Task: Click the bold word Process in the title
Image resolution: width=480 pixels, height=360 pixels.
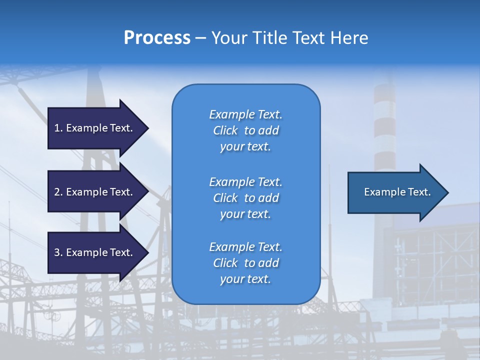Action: [157, 38]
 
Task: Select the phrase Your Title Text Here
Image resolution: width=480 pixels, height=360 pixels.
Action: [289, 38]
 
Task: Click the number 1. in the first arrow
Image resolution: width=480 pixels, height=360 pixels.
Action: [58, 128]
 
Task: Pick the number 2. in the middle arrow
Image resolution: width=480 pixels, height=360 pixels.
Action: [58, 192]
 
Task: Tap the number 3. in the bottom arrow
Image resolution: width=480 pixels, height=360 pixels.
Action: [58, 252]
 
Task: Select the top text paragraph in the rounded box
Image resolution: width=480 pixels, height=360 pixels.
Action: [245, 130]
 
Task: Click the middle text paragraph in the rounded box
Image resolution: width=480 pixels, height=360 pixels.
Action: [245, 197]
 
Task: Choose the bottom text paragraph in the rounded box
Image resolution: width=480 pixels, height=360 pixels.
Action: [245, 263]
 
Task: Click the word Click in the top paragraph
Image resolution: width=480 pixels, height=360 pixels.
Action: [225, 130]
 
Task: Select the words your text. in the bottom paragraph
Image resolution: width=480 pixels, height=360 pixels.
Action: [245, 279]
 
